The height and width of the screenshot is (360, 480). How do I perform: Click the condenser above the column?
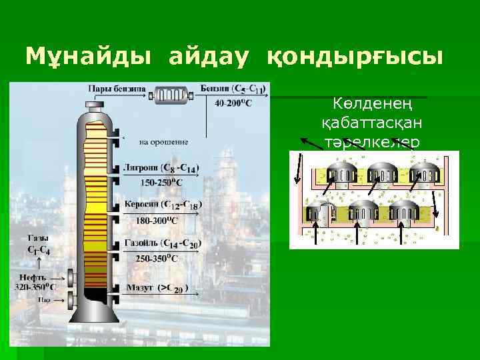(173, 96)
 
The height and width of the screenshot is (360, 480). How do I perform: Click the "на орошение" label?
(163, 141)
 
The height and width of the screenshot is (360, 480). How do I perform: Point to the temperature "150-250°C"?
(159, 181)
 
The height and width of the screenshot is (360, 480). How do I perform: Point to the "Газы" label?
(37, 239)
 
